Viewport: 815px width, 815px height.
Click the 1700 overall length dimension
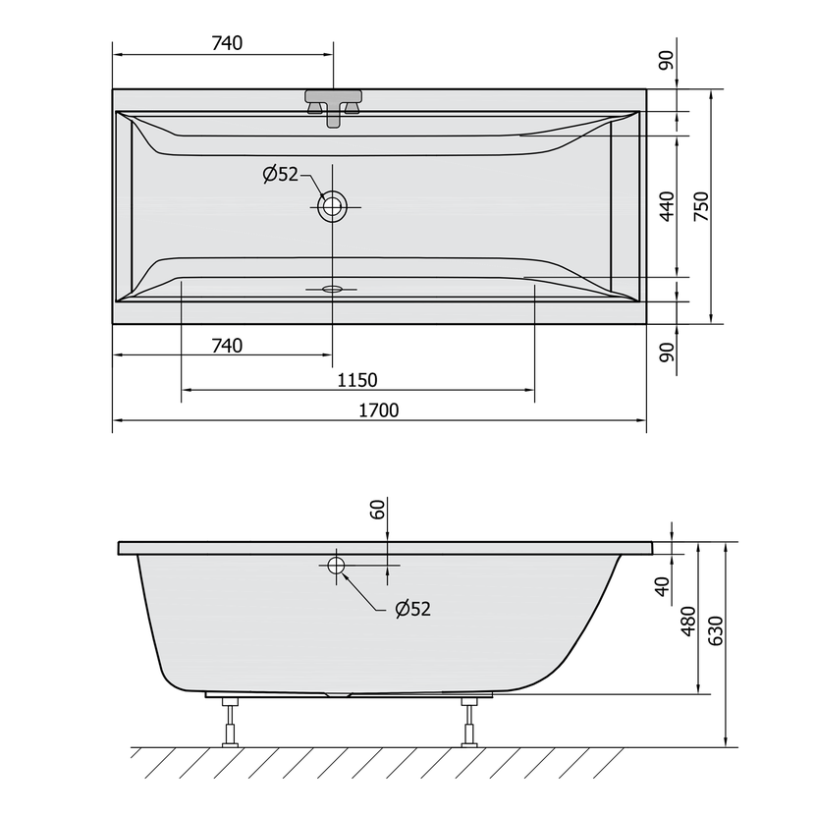coord(379,410)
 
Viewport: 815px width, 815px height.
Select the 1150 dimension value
coord(357,380)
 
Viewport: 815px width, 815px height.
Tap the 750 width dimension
coord(701,206)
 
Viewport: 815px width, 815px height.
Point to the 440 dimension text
coord(667,206)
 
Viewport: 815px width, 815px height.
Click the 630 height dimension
coord(716,630)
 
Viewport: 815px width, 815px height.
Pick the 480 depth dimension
coord(687,621)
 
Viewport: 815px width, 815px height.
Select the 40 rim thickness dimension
coord(663,586)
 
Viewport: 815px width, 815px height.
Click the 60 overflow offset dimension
coord(378,509)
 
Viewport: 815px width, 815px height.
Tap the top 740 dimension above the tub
coord(227,43)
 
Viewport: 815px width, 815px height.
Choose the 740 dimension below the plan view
coord(227,346)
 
